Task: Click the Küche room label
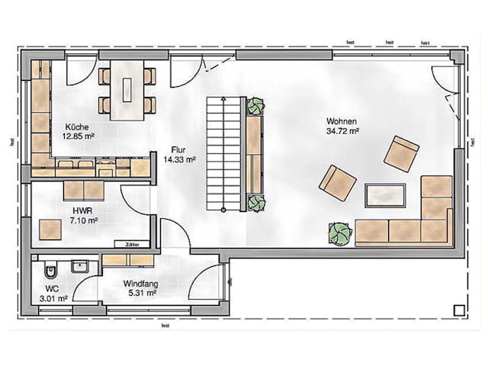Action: pyautogui.click(x=76, y=127)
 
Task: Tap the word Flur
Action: pyautogui.click(x=180, y=150)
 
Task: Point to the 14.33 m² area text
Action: pyautogui.click(x=181, y=159)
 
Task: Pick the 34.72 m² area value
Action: pyautogui.click(x=342, y=131)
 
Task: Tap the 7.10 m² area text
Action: pyautogui.click(x=83, y=220)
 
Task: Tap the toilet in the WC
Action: pyautogui.click(x=48, y=270)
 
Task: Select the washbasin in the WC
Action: pyautogui.click(x=79, y=266)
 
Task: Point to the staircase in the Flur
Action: pyautogui.click(x=220, y=154)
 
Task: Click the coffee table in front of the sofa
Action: pyautogui.click(x=386, y=196)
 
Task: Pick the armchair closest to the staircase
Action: pyautogui.click(x=338, y=183)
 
